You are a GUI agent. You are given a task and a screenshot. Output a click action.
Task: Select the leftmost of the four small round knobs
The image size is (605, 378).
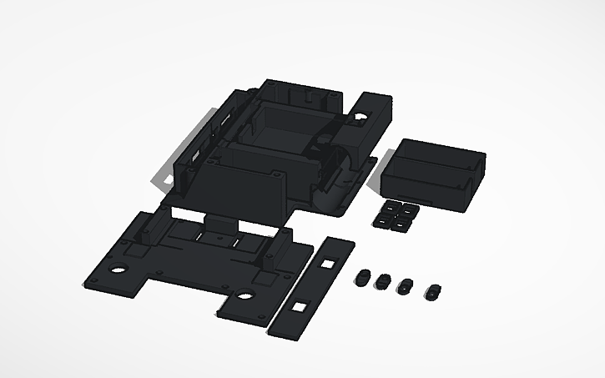363,277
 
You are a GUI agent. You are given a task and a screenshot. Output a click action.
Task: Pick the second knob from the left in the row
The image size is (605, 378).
384,281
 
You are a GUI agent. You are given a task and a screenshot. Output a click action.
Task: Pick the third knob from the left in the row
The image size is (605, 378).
405,286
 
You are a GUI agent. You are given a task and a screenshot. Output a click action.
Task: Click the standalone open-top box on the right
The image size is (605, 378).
433,172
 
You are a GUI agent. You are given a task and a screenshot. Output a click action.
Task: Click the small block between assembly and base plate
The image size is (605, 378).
221,224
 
